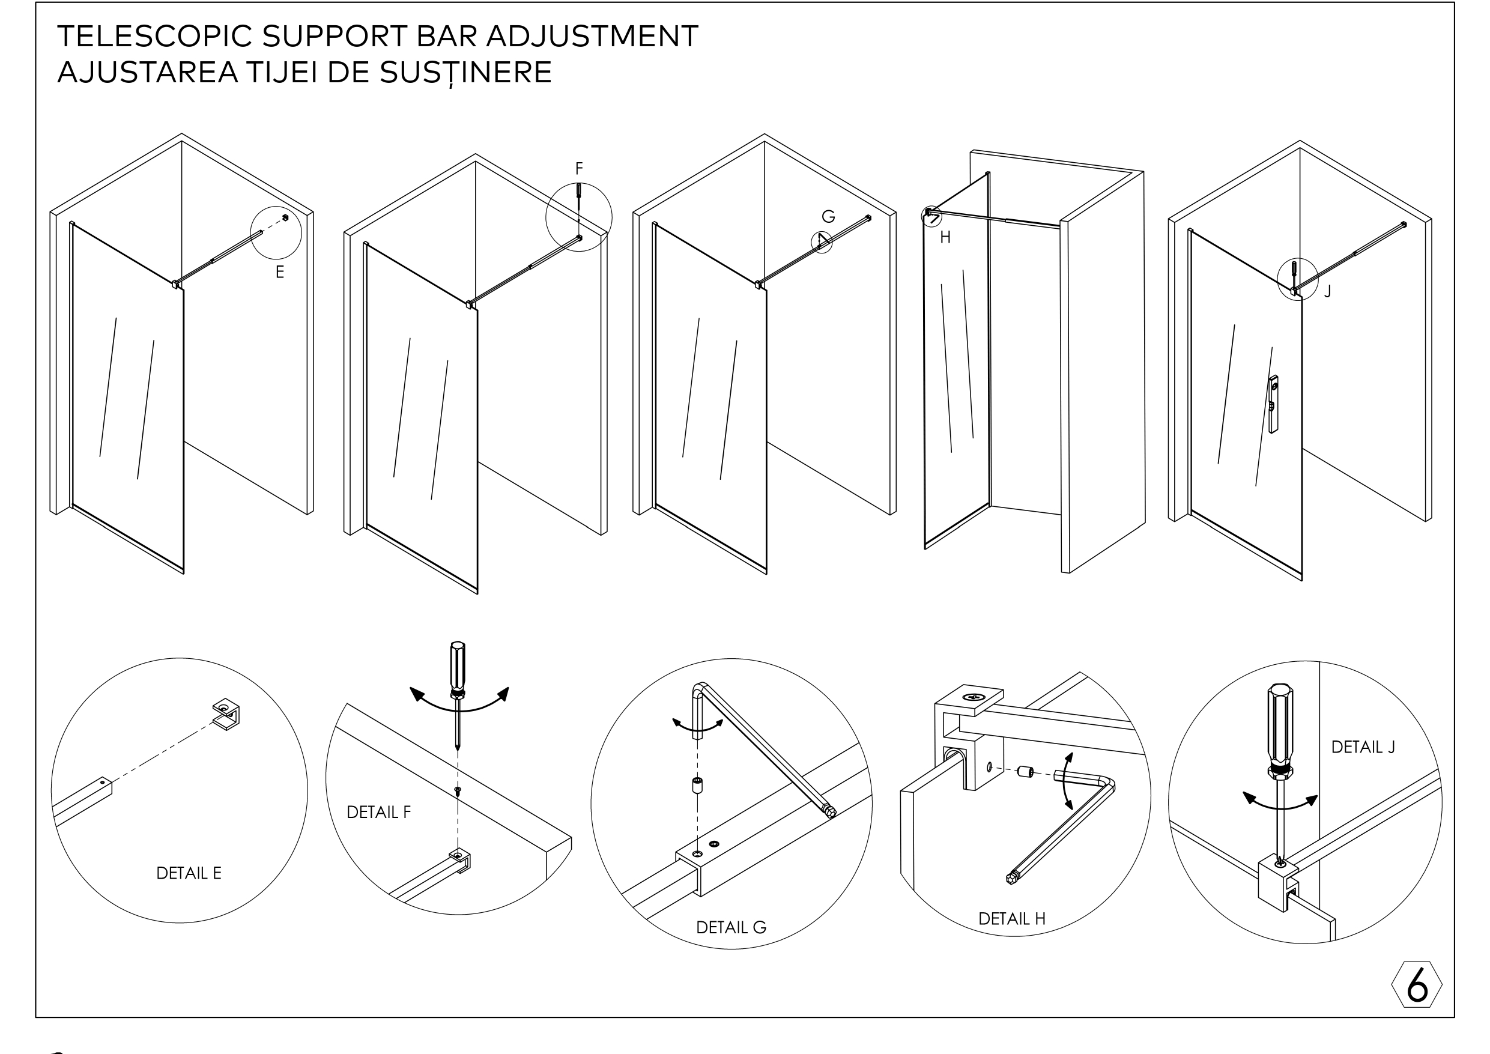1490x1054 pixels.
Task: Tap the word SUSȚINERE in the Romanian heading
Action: [x=465, y=73]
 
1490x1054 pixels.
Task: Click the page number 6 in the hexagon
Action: [x=1417, y=985]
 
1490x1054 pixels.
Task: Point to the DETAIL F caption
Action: [x=378, y=813]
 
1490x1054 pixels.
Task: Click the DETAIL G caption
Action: [x=731, y=928]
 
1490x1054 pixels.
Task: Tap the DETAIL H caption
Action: [x=1012, y=919]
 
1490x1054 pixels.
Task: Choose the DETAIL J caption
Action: [x=1363, y=748]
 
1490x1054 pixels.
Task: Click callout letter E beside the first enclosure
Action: [x=280, y=273]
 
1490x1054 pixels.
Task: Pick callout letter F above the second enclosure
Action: [x=579, y=169]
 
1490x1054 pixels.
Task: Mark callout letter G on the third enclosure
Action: [x=828, y=217]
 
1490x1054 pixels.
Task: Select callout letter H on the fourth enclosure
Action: [x=945, y=238]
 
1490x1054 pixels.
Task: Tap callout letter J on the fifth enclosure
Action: [x=1328, y=292]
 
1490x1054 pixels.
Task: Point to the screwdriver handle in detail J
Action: [x=1280, y=724]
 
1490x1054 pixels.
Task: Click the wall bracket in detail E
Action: [x=226, y=715]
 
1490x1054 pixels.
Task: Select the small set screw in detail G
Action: [x=698, y=786]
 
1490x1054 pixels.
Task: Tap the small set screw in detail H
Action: [x=1025, y=772]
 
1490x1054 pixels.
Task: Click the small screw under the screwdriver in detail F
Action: [x=458, y=790]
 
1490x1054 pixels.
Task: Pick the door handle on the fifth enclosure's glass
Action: [x=1273, y=404]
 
